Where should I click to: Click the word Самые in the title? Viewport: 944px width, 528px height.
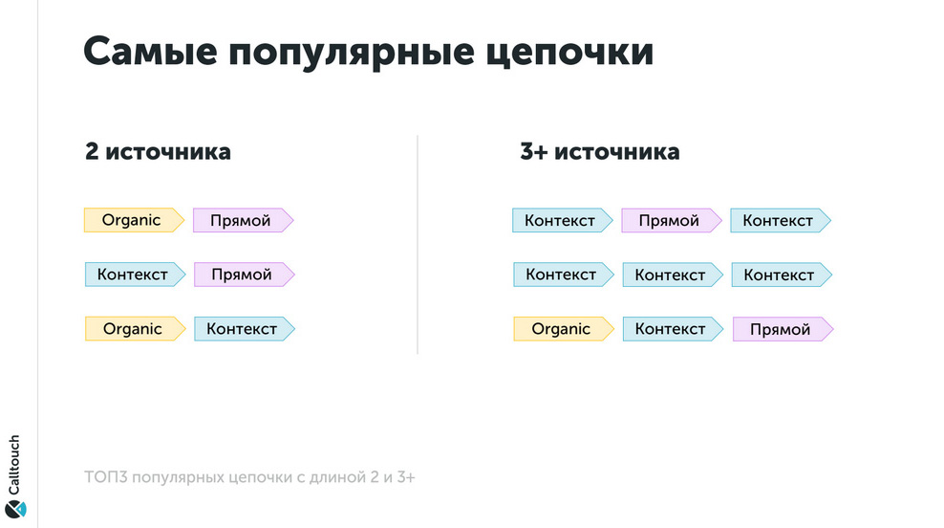[150, 52]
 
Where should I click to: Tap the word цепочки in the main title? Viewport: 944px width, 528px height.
[569, 53]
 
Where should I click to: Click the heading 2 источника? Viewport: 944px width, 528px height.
[158, 151]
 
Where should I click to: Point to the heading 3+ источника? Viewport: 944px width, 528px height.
[600, 151]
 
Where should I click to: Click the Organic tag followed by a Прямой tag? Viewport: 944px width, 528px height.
[135, 220]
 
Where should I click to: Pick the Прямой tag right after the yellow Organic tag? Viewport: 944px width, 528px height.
[244, 220]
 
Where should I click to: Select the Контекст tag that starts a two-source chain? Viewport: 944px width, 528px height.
[136, 275]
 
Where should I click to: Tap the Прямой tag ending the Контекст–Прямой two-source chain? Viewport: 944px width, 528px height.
[245, 275]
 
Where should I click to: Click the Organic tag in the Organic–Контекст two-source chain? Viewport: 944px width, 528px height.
[136, 328]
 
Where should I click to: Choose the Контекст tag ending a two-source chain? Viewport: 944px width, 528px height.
[245, 328]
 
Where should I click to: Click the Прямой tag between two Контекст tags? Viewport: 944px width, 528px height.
[672, 221]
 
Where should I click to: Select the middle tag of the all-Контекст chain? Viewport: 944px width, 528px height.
[673, 275]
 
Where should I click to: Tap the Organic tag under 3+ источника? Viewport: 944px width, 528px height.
[564, 328]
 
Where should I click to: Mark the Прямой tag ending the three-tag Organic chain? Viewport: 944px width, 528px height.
[783, 329]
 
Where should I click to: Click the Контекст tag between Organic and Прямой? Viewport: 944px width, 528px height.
[673, 329]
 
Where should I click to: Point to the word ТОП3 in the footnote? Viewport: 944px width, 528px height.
[105, 477]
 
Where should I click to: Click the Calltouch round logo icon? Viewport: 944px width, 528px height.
[15, 509]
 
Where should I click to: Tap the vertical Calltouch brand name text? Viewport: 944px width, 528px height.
[14, 465]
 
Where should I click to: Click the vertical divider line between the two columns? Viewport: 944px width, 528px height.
[418, 244]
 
